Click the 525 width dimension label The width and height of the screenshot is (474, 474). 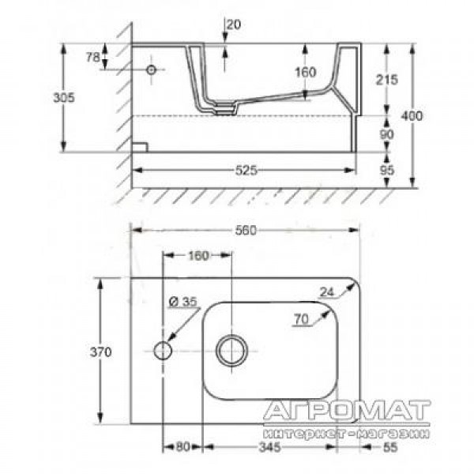[x=246, y=171]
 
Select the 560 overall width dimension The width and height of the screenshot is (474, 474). [x=246, y=231]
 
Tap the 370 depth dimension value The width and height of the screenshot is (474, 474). [x=100, y=352]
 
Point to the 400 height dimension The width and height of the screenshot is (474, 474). [x=412, y=116]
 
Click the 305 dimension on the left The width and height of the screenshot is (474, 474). [x=64, y=98]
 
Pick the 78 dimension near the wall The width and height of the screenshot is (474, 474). [x=92, y=57]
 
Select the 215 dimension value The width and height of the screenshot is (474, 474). [x=387, y=80]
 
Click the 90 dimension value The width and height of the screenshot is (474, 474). [x=386, y=134]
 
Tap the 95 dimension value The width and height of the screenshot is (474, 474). [x=386, y=171]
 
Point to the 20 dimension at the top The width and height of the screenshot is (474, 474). [x=234, y=24]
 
